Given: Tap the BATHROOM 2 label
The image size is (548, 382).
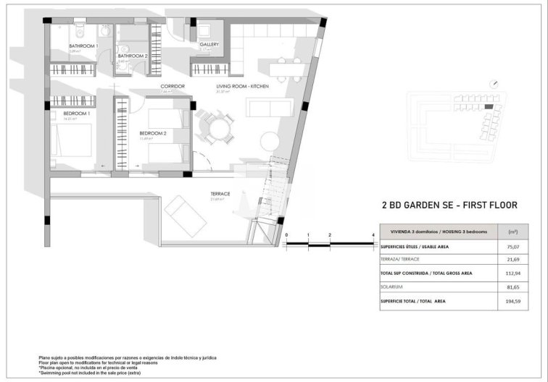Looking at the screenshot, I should [x=133, y=56].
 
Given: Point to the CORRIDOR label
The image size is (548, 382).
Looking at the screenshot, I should [x=173, y=86].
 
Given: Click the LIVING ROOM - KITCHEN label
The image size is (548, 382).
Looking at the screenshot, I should [x=242, y=87].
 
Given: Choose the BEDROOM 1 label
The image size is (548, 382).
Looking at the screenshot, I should [x=76, y=114].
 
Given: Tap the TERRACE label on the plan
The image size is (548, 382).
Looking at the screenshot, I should [x=220, y=194].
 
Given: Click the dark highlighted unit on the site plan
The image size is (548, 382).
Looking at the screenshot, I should [x=489, y=107].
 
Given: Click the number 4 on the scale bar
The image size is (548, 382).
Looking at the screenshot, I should [x=373, y=235].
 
